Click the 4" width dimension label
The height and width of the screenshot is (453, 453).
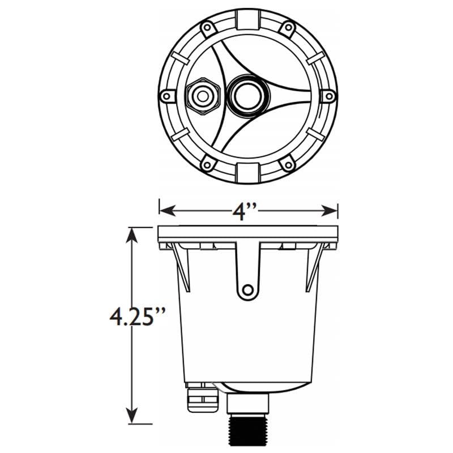pos(245,211)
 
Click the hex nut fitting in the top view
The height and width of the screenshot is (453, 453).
pos(202,96)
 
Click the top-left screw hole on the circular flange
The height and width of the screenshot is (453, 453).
pos(207,27)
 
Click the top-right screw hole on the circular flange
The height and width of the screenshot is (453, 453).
pos(288,27)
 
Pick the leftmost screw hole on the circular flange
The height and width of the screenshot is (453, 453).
pos(166,96)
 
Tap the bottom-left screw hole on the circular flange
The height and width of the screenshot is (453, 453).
pos(207,165)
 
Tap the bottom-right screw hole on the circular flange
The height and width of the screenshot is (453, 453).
pos(288,165)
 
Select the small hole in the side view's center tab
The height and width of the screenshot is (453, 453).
pos(247,290)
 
